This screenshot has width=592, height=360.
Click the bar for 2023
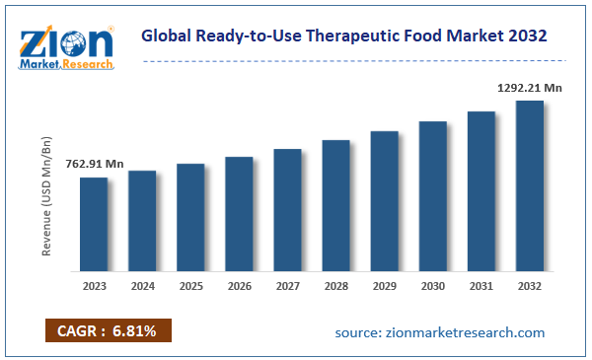(94, 224)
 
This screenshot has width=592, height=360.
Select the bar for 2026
(239, 213)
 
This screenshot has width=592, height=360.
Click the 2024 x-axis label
(142, 287)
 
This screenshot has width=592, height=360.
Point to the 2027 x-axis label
(287, 287)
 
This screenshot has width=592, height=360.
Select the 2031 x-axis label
(481, 287)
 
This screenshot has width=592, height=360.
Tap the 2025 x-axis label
(190, 287)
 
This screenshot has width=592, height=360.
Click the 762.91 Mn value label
(94, 164)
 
